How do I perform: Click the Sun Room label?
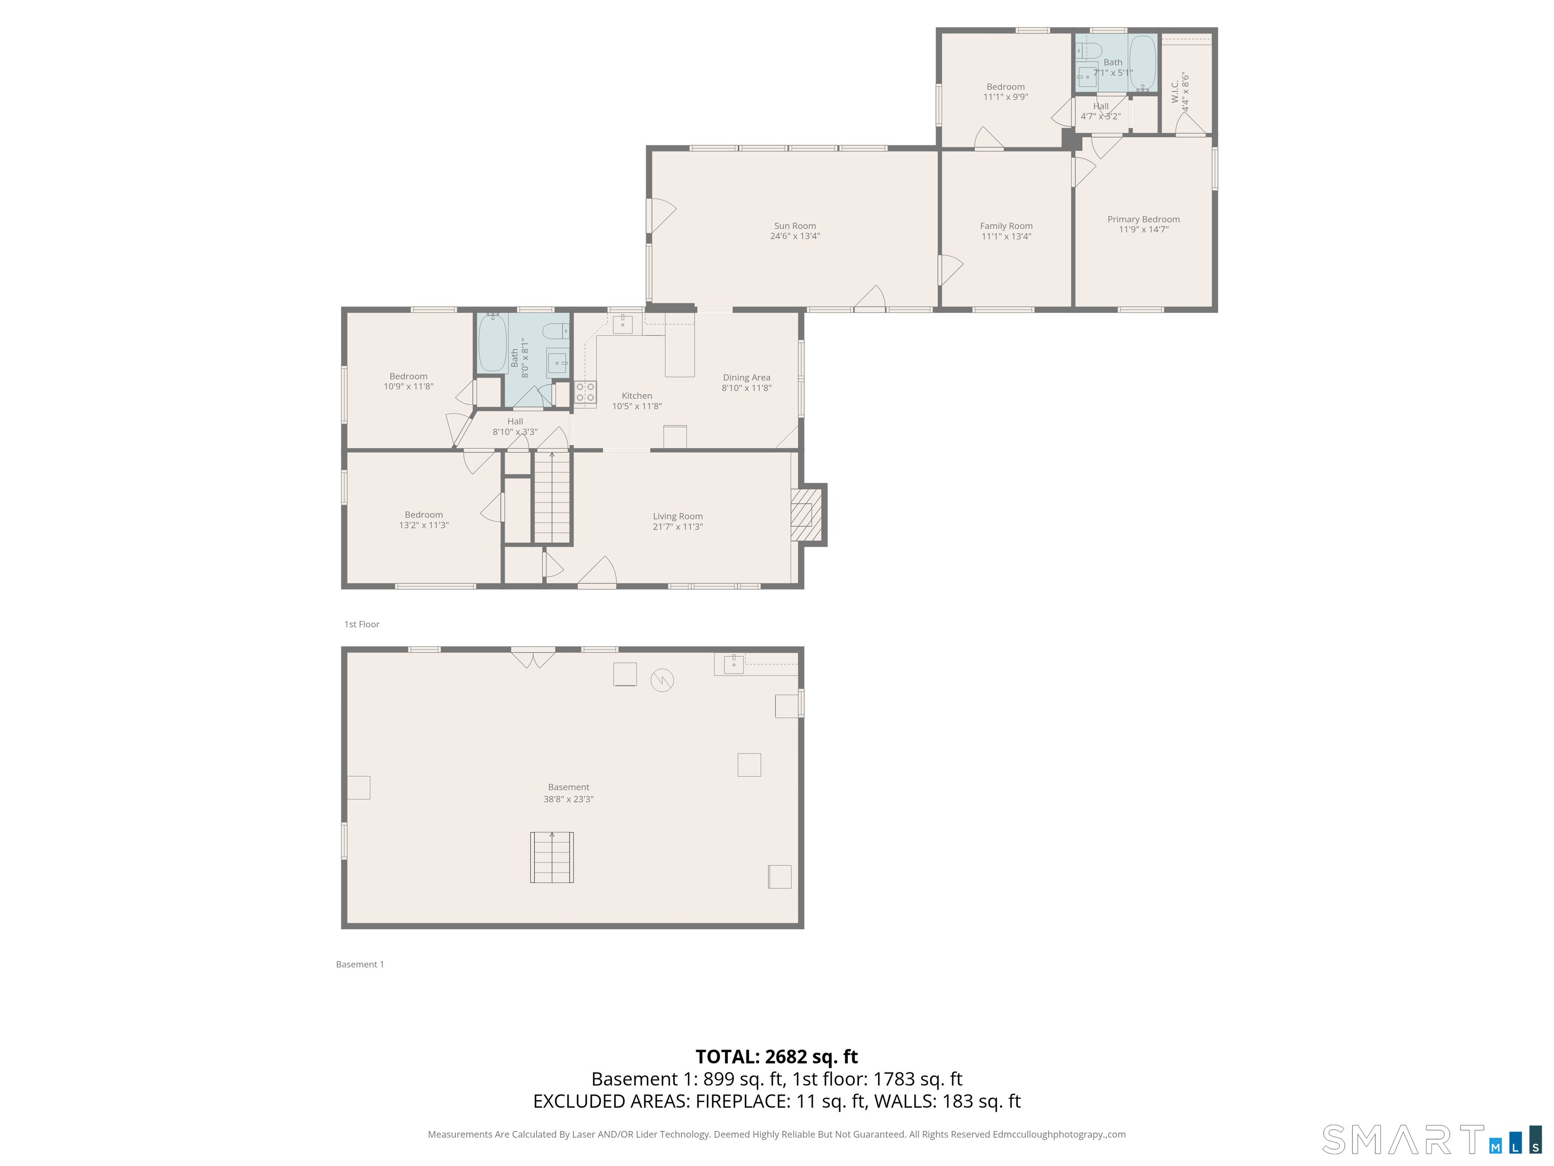pyautogui.click(x=795, y=226)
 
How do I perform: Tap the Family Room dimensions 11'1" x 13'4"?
pyautogui.click(x=1006, y=237)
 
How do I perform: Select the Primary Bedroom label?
pyautogui.click(x=1143, y=219)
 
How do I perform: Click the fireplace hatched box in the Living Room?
pyautogui.click(x=802, y=515)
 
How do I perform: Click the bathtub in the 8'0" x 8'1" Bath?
pyautogui.click(x=492, y=344)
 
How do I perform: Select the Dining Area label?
pyautogui.click(x=746, y=378)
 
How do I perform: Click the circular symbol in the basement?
pyautogui.click(x=662, y=679)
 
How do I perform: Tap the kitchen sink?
pyautogui.click(x=622, y=324)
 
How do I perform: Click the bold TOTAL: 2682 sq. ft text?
pyautogui.click(x=776, y=1056)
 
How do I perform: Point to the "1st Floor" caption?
pyautogui.click(x=361, y=624)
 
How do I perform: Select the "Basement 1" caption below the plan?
pyautogui.click(x=360, y=964)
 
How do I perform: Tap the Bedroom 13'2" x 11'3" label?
pyautogui.click(x=423, y=520)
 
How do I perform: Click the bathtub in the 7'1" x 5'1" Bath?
pyautogui.click(x=1142, y=63)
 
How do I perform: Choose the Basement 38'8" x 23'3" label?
pyautogui.click(x=569, y=793)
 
